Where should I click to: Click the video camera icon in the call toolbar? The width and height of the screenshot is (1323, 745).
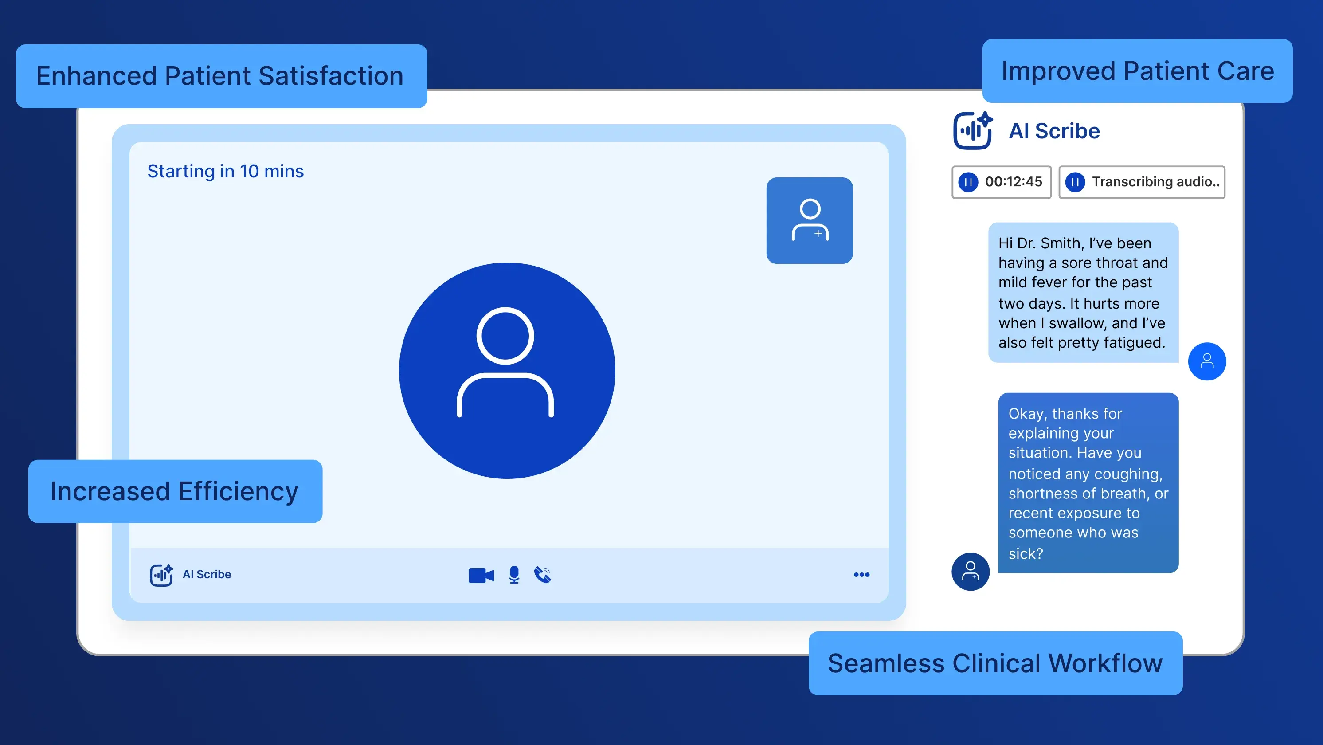pos(481,575)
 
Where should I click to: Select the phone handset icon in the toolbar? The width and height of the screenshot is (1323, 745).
pos(542,574)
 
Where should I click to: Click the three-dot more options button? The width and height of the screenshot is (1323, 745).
pos(861,574)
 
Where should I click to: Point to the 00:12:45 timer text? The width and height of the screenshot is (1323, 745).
pos(1013,182)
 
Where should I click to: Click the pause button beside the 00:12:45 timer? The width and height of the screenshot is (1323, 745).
pos(968,182)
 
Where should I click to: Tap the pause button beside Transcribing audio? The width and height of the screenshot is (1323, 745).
pos(1075,182)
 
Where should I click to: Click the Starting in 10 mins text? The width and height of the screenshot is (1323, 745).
pos(226,171)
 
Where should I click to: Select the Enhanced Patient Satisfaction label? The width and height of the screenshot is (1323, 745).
pos(221,76)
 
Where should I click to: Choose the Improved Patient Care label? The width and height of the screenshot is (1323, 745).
pos(1137,71)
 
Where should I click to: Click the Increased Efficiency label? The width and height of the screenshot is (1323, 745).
pos(175,491)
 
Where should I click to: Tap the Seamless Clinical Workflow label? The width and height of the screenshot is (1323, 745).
pos(995,663)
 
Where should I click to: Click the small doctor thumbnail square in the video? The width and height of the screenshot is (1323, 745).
pos(810,220)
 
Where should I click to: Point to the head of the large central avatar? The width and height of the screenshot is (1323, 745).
pos(505,336)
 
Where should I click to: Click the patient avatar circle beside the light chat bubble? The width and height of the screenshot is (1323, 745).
pos(1207,361)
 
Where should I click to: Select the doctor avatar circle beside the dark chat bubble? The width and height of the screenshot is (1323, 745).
pos(970,571)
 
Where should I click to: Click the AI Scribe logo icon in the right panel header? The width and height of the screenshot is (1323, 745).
pos(972,130)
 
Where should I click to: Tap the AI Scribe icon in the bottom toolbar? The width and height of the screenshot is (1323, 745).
pos(161,574)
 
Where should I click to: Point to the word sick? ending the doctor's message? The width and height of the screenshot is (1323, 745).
pos(1026,553)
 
